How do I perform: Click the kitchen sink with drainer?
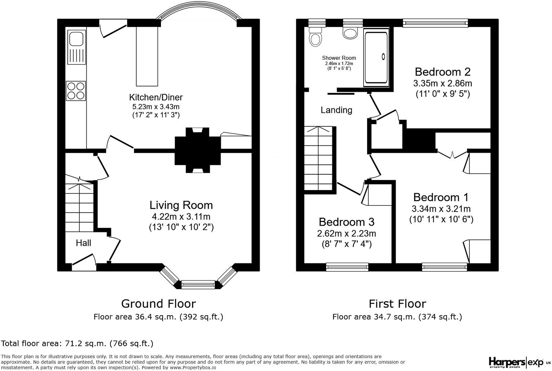pos(76,47)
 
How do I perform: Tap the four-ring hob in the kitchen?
pos(76,91)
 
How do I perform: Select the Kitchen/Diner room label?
pos(156,98)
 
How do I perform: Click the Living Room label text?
pos(181,205)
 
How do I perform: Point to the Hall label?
pos(83,243)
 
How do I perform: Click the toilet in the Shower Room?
pos(316,36)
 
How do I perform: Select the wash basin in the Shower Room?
pos(350,33)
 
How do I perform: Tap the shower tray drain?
pos(383,56)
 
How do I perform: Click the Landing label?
pos(336,110)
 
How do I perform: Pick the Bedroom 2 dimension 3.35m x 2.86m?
pos(442,83)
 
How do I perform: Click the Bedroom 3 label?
pos(346,222)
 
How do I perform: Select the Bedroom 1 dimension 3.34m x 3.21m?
pos(441,209)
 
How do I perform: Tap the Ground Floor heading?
pos(158,304)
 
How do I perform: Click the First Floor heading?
pos(397,304)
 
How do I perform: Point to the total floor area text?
pos(77,343)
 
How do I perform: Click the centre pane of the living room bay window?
pos(198,285)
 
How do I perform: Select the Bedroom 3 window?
pos(347,267)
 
